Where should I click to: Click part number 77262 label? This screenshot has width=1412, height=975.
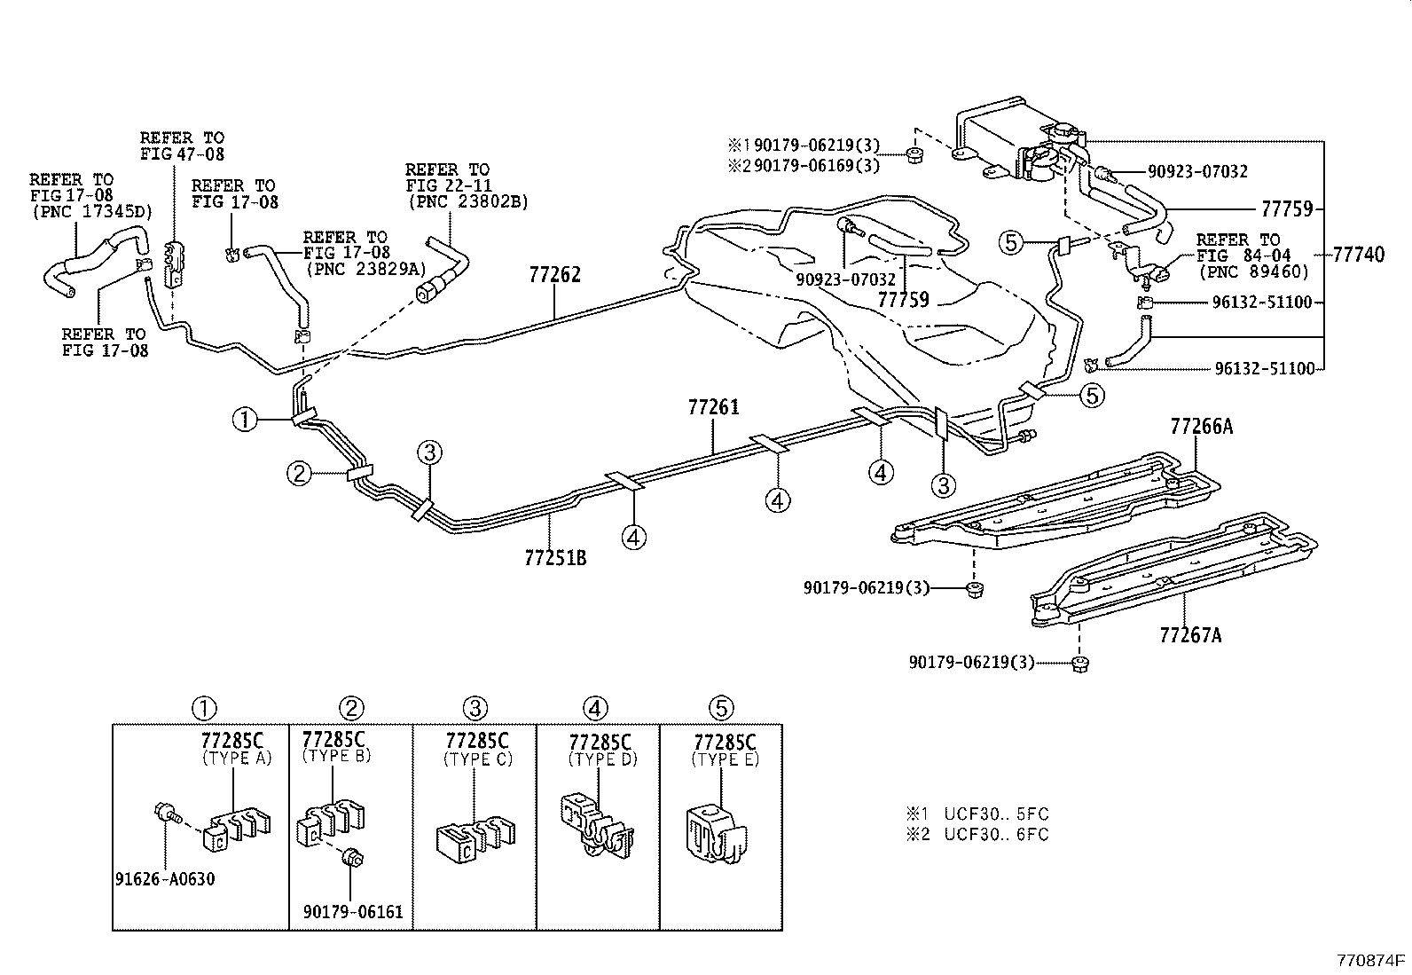coord(554,275)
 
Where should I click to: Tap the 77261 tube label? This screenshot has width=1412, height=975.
coord(713,408)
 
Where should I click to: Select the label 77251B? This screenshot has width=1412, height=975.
coord(555,558)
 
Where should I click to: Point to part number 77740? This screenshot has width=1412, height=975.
coord(1358,256)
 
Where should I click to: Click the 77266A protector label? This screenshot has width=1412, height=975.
coord(1201,427)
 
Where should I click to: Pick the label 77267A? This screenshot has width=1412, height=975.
coord(1189,635)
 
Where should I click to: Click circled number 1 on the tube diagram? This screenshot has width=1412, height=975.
coord(246,419)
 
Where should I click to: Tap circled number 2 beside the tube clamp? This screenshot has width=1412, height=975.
coord(300,474)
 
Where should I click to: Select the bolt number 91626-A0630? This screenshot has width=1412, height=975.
coord(165,879)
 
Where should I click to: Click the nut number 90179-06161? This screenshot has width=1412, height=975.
coord(352,911)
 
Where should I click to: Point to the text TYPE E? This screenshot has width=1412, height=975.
coord(725,760)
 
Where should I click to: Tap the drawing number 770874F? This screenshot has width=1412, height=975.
coord(1372,960)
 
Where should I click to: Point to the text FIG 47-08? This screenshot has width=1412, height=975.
coord(182,154)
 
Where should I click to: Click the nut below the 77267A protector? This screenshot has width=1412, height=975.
coord(1079,663)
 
